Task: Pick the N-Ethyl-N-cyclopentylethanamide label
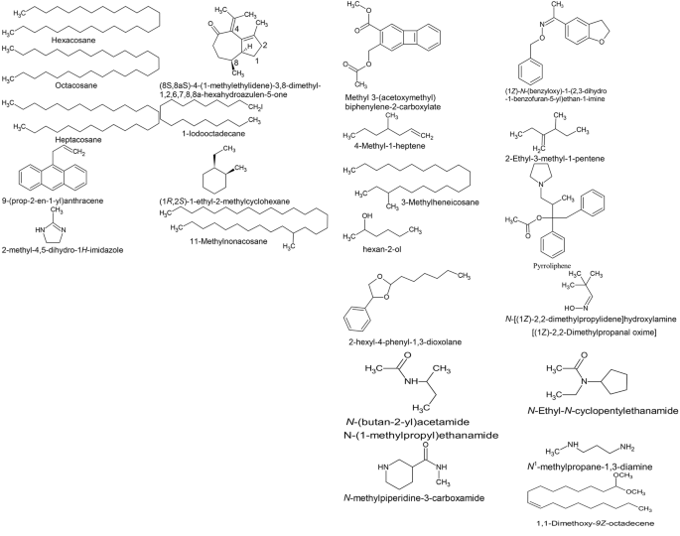point(602,410)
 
